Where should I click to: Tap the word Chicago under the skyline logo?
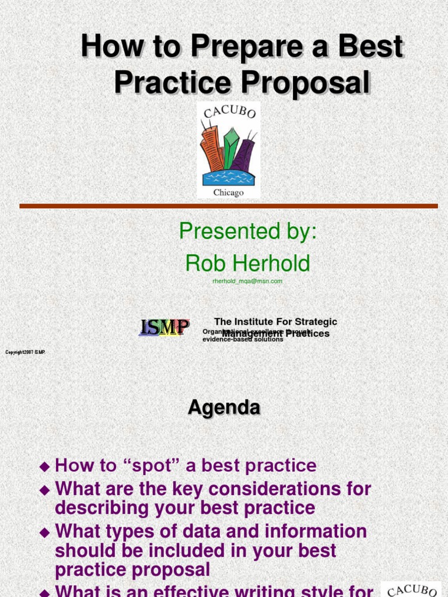(228, 192)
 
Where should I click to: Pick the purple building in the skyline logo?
(244, 154)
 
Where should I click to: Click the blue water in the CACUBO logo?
(228, 177)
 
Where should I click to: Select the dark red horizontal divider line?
(228, 206)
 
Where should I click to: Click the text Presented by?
(248, 231)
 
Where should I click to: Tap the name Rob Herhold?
(248, 264)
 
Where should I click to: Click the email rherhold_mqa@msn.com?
(247, 281)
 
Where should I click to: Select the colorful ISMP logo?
(164, 328)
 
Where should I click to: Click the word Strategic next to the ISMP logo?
(315, 322)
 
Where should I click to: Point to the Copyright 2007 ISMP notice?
(25, 352)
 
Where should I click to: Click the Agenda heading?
(224, 408)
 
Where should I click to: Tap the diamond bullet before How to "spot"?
(44, 466)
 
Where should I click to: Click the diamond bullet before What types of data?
(44, 532)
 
